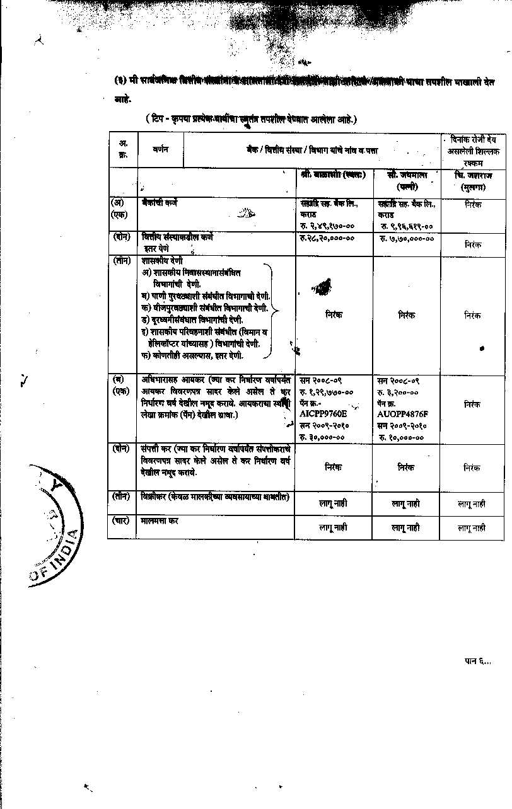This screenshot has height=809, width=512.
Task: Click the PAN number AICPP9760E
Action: tap(325, 414)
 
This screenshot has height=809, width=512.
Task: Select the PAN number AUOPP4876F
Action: tap(402, 414)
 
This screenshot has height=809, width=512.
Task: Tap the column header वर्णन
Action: tap(160, 150)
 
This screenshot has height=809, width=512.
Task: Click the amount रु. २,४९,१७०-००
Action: tap(328, 225)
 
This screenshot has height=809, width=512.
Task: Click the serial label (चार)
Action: tap(121, 521)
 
